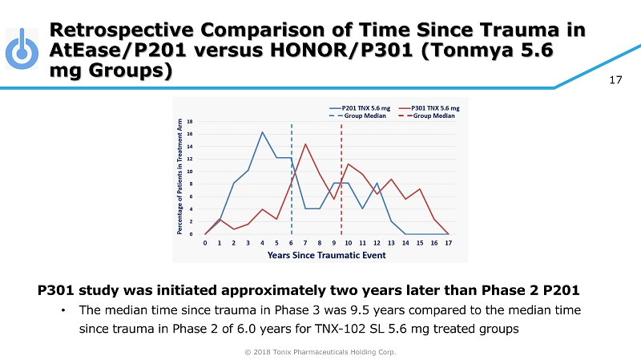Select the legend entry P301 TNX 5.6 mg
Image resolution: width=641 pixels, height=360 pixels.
tap(435, 107)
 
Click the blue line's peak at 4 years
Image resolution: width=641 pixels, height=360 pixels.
tap(262, 132)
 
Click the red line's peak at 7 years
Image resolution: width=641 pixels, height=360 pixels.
tap(305, 144)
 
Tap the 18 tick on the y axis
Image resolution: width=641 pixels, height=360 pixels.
tap(190, 121)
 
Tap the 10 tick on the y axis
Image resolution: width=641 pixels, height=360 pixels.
tap(190, 172)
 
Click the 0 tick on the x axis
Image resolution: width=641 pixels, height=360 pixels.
tap(205, 241)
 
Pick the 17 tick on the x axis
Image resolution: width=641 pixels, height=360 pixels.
tap(448, 241)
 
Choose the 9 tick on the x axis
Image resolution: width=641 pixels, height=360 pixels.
tap(333, 241)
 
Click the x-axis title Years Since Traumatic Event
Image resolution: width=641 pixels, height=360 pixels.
tap(326, 255)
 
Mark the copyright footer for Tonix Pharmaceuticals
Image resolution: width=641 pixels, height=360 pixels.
tap(320, 351)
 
